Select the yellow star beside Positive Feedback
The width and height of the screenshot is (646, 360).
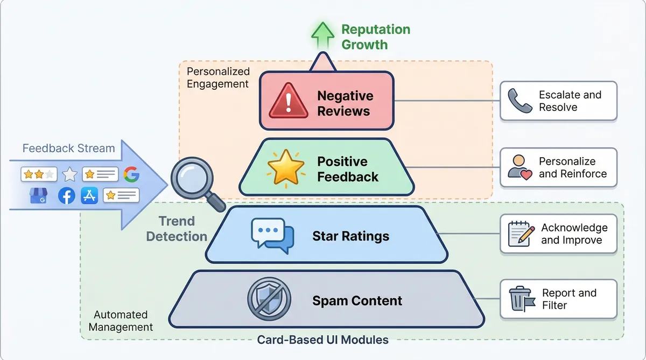point(286,168)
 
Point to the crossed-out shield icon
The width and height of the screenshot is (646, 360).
point(269,299)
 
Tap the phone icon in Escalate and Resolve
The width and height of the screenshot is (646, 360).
point(520,101)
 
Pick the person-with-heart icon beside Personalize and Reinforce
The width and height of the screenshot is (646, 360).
point(520,167)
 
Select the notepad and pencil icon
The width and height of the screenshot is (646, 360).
point(521,234)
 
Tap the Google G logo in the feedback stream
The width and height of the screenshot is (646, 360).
point(131,174)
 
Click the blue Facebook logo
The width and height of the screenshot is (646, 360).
point(66,196)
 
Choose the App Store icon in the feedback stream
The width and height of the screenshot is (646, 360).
point(89,195)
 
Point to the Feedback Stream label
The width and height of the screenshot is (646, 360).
point(68,149)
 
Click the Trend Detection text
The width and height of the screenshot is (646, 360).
point(177,229)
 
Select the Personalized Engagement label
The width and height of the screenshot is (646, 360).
point(218,77)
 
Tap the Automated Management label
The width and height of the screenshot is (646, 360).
point(121,321)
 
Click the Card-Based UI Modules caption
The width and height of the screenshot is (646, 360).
point(322,340)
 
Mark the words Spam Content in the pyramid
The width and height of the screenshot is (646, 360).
point(357,301)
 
